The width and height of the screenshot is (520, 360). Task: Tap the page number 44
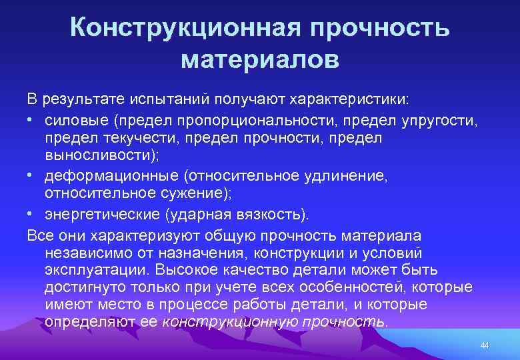tap(485, 344)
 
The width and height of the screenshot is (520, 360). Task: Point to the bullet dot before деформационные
tap(31, 176)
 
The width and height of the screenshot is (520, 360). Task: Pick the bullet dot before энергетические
tap(31, 214)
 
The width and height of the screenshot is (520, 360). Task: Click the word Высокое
tap(182, 270)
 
